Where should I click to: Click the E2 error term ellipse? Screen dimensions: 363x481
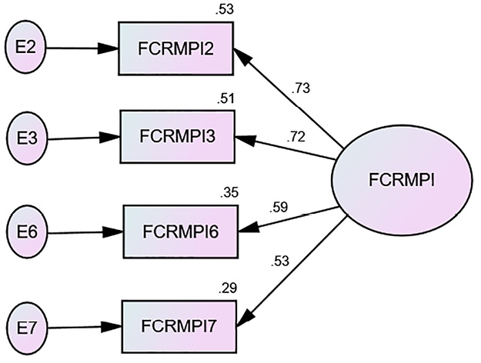[25, 48]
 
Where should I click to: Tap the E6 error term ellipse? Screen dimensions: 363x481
[25, 231]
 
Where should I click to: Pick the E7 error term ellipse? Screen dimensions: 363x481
[25, 326]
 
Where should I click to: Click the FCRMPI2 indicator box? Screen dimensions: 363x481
[175, 48]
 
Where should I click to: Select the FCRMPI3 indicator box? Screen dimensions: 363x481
[175, 137]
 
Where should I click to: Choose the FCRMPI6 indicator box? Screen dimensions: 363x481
[181, 230]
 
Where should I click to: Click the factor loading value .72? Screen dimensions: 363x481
[296, 137]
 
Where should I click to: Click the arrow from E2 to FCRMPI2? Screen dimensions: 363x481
[81, 48]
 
